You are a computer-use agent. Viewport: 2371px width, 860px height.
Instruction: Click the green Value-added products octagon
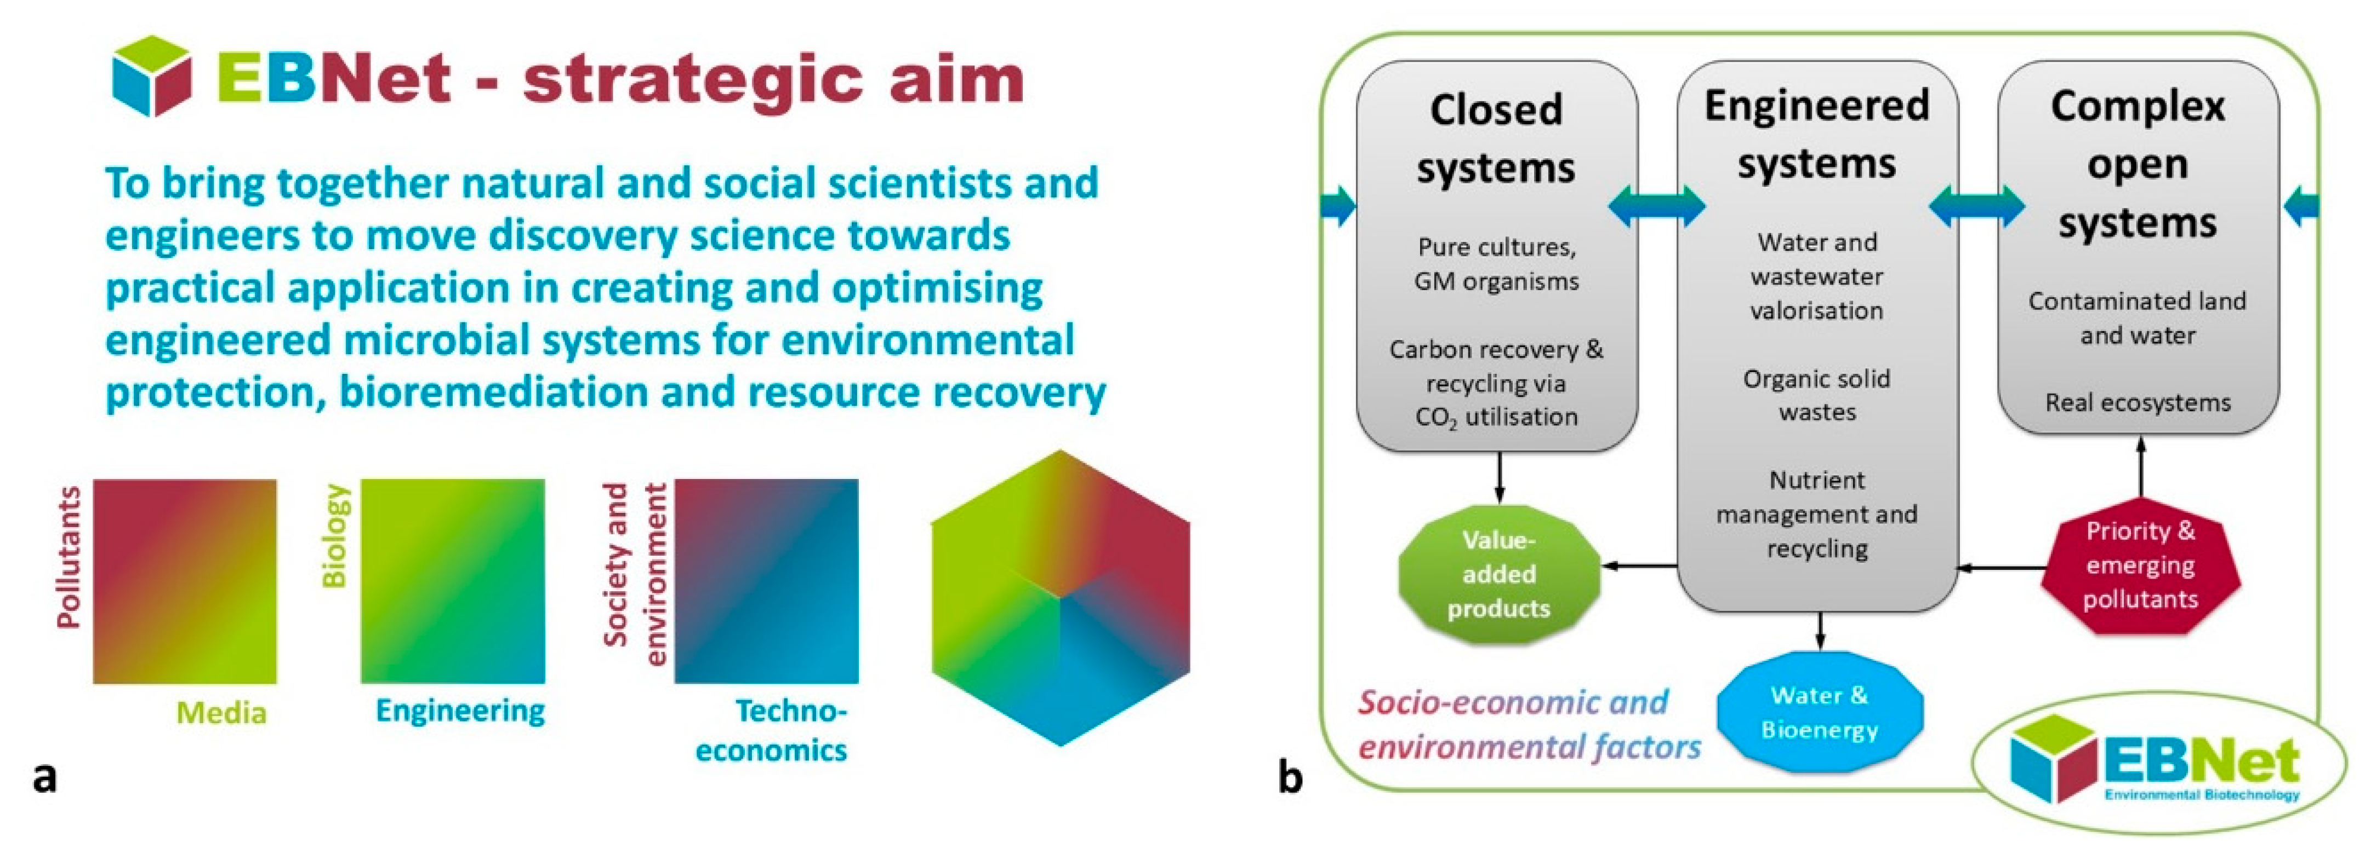click(1498, 574)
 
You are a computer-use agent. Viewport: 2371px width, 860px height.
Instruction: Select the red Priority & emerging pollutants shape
click(2140, 565)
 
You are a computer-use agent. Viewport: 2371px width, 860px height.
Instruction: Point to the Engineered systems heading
click(1817, 134)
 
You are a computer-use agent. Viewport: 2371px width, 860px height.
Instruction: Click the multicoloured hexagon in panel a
click(1061, 598)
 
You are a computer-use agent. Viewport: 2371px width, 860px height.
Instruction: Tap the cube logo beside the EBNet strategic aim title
click(152, 76)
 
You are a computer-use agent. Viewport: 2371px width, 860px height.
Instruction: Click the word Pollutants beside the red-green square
click(68, 557)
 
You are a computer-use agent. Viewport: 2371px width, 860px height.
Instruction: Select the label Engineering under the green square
click(460, 710)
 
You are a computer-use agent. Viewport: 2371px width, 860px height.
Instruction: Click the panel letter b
click(1290, 777)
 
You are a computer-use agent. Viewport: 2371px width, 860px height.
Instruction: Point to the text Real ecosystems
click(2137, 402)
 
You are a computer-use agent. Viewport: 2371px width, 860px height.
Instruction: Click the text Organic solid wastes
click(1817, 395)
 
